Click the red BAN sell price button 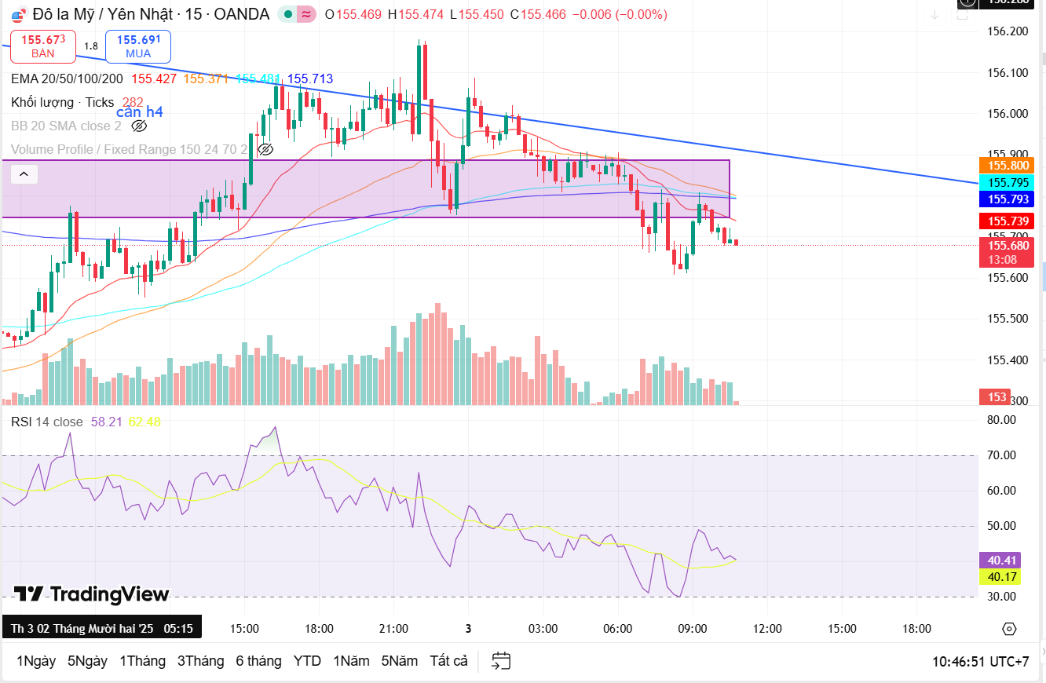pos(43,46)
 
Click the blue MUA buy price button pos(138,46)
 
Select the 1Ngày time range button pos(36,661)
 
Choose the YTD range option pos(307,661)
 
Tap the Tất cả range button pos(448,661)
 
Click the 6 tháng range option pos(258,661)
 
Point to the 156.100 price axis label pos(1007,73)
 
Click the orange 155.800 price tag pos(1008,165)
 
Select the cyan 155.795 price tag pos(1008,182)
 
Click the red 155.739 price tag pos(1008,221)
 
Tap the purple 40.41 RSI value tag pos(1002,561)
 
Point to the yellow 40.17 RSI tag pos(1002,577)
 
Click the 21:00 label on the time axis pos(393,629)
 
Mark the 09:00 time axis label pos(693,629)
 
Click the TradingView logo pos(92,594)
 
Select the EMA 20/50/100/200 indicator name pos(67,79)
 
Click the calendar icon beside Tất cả pos(501,661)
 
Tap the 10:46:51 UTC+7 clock pos(980,661)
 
